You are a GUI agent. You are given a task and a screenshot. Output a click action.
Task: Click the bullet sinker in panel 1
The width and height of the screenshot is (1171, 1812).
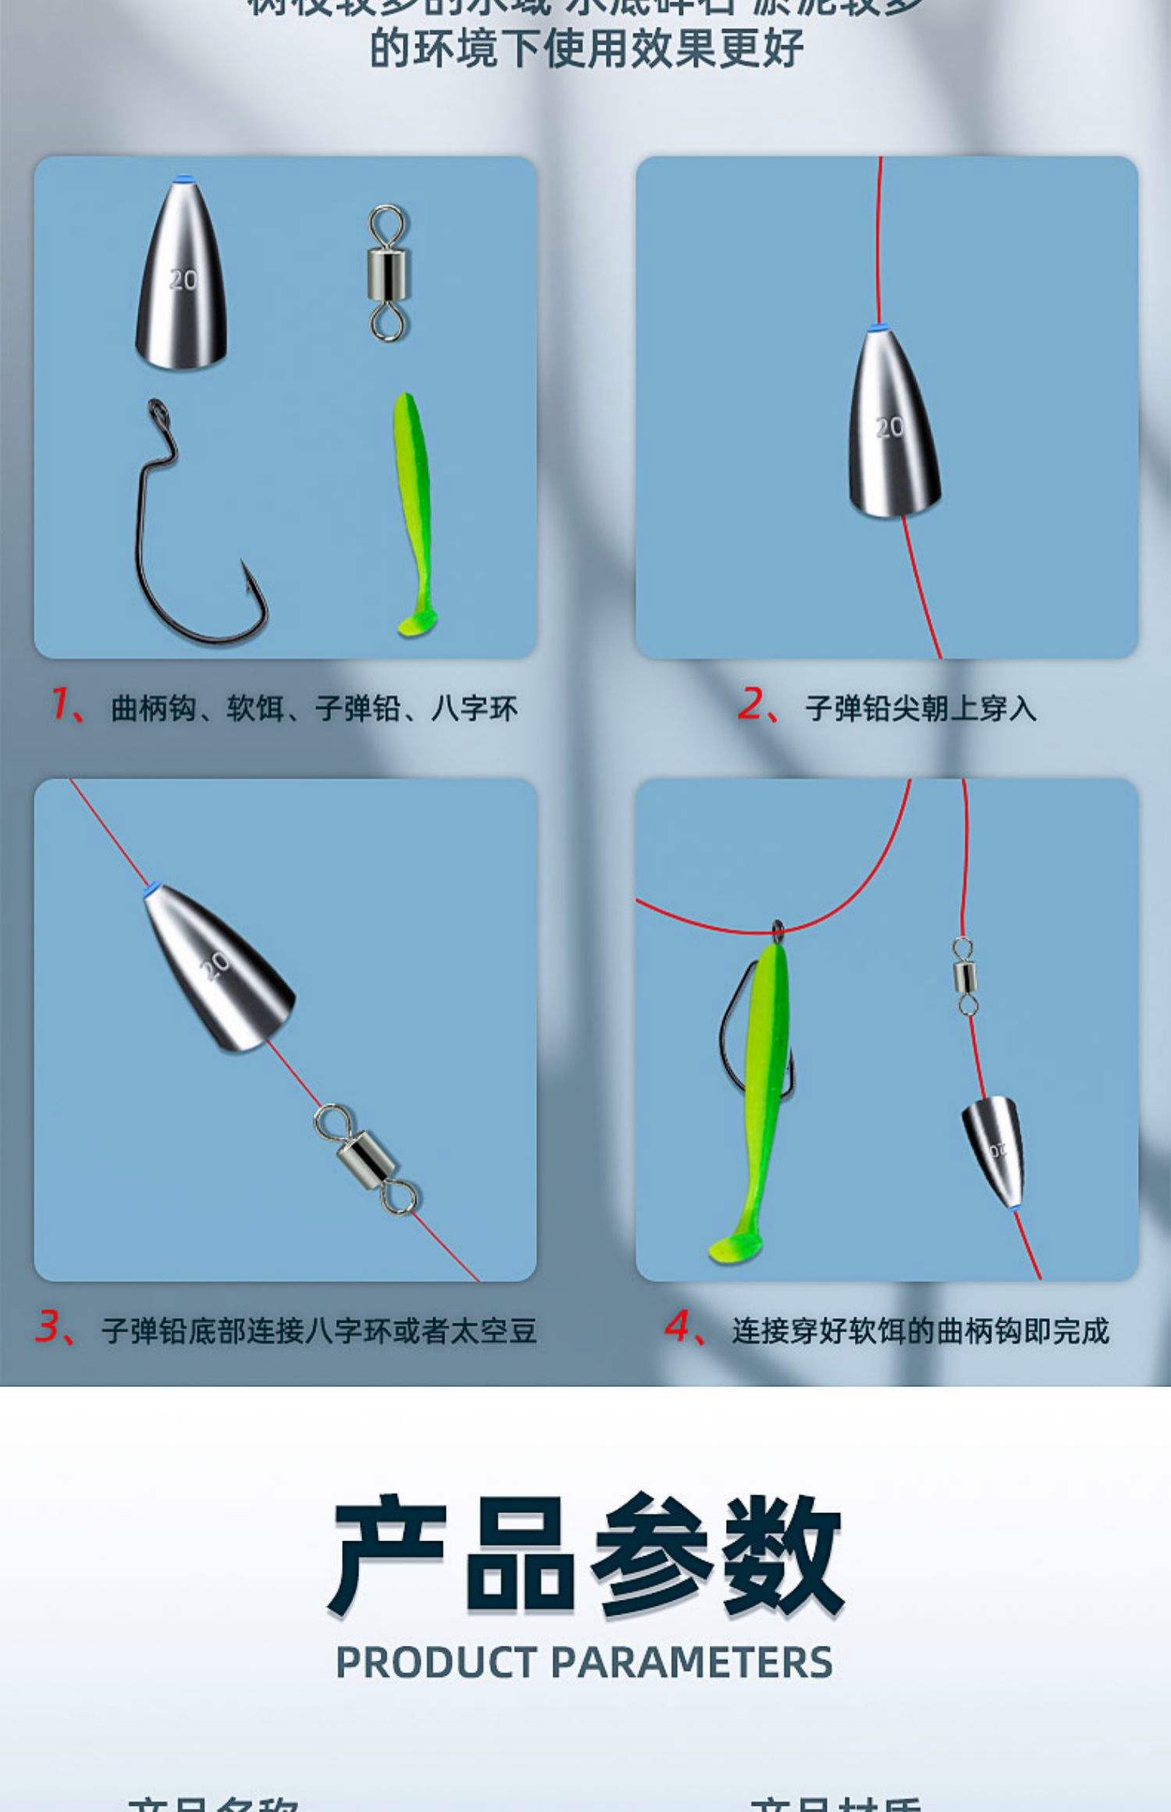(182, 277)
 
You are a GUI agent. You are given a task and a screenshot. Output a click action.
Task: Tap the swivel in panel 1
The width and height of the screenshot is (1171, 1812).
(388, 272)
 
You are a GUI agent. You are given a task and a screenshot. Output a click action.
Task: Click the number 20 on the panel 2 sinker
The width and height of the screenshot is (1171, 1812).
(889, 427)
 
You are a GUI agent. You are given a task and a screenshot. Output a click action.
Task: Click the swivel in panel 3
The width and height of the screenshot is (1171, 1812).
(365, 1159)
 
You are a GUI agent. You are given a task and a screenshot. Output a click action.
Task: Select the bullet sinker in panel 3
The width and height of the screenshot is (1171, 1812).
(219, 968)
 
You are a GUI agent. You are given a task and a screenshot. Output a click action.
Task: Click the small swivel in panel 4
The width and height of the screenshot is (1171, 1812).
(966, 975)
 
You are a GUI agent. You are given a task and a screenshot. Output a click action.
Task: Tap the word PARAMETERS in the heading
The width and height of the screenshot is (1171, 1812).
(692, 1662)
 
